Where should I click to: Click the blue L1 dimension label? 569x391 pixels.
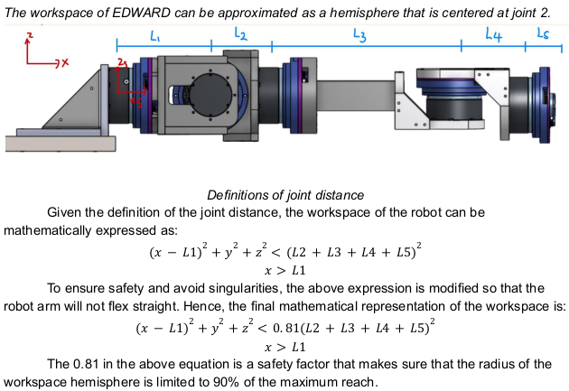coord(155,36)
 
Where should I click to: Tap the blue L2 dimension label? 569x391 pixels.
coord(240,33)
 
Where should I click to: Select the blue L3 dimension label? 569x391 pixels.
coord(359,35)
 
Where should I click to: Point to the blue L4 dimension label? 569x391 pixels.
coord(493,35)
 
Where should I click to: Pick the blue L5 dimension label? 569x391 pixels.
coord(543,33)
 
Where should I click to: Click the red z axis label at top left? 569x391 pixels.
coord(30,35)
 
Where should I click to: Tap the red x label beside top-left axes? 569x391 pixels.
coord(65,62)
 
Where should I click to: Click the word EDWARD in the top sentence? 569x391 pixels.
coord(141,13)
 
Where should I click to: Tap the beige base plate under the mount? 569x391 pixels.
coord(61,144)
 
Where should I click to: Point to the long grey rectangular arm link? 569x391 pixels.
coord(356,97)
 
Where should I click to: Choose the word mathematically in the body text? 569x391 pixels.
coord(47,230)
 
